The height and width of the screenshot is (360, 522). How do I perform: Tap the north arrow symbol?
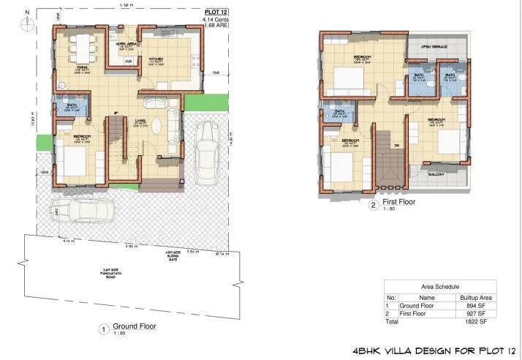[27, 23]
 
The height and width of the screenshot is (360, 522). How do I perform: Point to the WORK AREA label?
[126, 44]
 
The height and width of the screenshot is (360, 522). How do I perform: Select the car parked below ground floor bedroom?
[85, 212]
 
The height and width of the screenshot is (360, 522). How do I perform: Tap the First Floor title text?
[398, 203]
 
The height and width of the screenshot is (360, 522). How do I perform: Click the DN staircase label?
[396, 145]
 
